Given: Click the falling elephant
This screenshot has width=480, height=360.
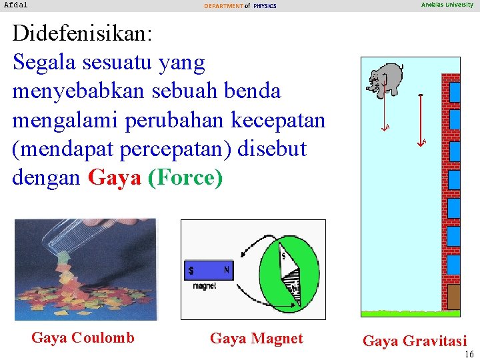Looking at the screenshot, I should (386, 78).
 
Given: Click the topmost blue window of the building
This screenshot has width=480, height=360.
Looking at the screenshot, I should (455, 92).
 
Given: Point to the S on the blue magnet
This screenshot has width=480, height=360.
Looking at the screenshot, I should (191, 271).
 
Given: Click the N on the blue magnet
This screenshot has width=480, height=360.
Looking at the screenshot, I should (226, 270).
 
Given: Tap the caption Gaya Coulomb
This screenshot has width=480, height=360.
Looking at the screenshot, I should (83, 338).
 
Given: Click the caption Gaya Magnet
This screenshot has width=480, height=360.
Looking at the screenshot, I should (256, 339).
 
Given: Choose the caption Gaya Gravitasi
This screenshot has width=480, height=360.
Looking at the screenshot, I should (415, 341).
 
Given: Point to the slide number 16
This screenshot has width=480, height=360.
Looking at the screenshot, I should (469, 354).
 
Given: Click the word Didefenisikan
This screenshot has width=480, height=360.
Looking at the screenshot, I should (83, 33).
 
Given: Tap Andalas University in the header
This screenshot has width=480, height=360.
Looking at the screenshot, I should (447, 5).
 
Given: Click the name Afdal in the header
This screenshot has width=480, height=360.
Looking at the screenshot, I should (16, 5).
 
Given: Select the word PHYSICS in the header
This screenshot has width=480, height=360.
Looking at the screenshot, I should (265, 6).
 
